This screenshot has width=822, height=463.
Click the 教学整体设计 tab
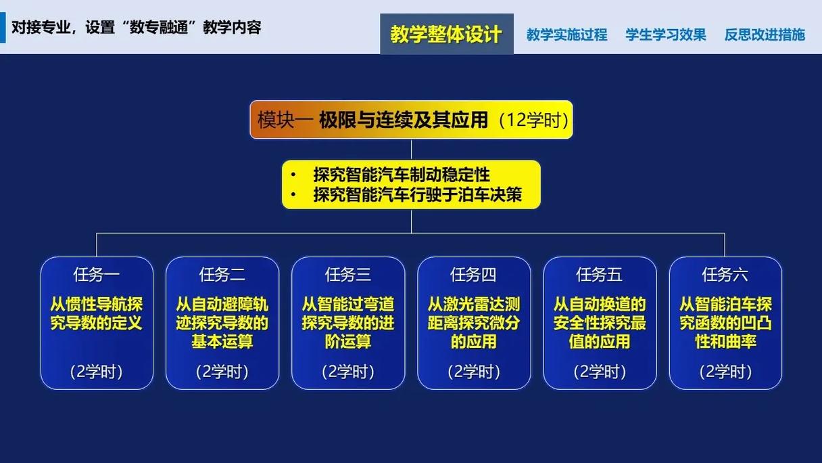[x=446, y=35]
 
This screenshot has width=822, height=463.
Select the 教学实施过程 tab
[x=566, y=35]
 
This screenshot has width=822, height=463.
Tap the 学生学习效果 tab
[x=666, y=35]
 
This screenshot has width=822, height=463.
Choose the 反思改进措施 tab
[x=765, y=35]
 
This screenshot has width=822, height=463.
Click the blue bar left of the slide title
[x=3, y=28]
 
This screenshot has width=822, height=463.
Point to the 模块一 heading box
[x=411, y=120]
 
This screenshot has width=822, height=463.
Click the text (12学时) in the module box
[x=533, y=120]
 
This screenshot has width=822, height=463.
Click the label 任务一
[x=97, y=275]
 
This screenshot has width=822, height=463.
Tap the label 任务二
[x=222, y=275]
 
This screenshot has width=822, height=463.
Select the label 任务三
[x=348, y=275]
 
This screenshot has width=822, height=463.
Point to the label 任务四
[x=474, y=275]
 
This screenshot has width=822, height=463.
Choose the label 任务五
[x=600, y=275]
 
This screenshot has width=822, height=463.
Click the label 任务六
[x=725, y=275]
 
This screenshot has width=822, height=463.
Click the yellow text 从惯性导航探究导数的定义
[x=97, y=313]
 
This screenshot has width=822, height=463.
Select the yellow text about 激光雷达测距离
[x=474, y=323]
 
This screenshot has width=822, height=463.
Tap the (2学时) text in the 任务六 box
[x=725, y=372]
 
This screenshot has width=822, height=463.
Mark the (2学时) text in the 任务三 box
[x=348, y=372]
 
